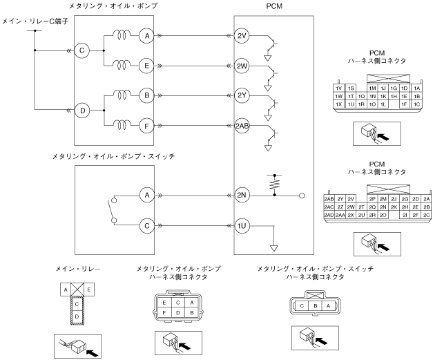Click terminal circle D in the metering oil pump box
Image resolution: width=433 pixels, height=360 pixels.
[x=83, y=110]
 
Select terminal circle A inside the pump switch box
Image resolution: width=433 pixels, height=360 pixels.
[x=146, y=196]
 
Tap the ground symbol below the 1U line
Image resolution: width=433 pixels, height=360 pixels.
[x=275, y=247]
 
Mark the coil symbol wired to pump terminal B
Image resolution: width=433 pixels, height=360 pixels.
[x=122, y=95]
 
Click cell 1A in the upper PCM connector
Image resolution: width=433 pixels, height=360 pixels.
[x=416, y=88]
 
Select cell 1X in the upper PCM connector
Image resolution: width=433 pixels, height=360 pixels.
[x=338, y=104]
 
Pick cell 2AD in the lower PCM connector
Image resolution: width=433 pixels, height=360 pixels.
[x=329, y=215]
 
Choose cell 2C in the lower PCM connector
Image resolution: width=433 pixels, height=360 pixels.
[x=426, y=215]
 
